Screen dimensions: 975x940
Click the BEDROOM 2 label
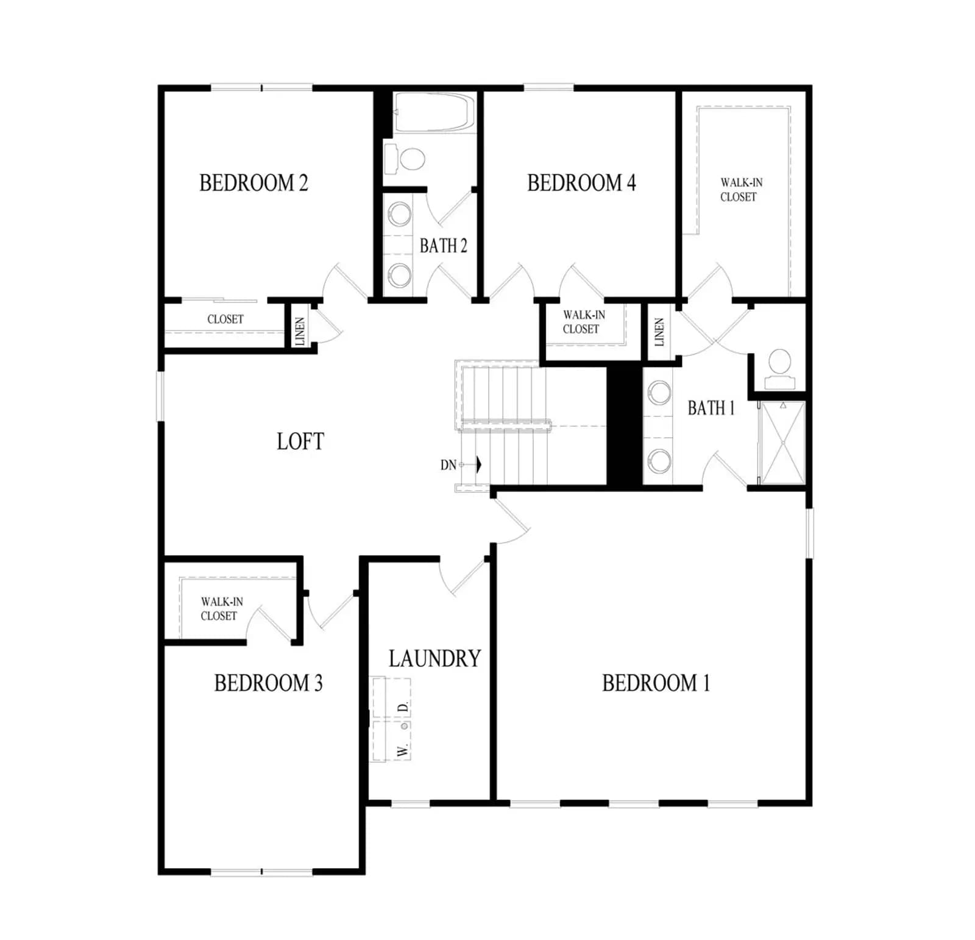253,183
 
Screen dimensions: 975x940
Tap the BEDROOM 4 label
581,183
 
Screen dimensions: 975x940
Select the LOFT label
300,441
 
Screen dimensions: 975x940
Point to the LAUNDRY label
434,658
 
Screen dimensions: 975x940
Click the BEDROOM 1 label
656,683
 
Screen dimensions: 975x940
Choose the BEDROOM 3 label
268,683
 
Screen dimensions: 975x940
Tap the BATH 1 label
711,408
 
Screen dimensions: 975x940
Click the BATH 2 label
444,246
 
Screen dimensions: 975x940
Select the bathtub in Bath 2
434,112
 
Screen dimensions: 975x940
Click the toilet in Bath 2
405,159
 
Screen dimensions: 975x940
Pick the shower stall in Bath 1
783,443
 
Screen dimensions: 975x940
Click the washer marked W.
391,741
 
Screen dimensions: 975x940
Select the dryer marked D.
391,698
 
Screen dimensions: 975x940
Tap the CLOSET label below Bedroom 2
225,319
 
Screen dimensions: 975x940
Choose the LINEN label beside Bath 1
659,332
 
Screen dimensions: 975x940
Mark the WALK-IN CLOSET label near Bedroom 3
222,608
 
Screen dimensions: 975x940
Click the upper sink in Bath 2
400,214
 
